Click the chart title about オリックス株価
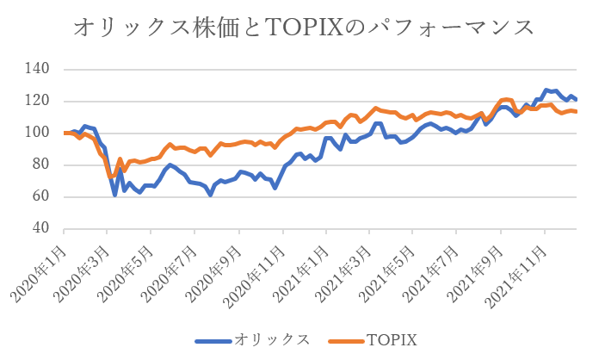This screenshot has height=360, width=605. click(x=302, y=28)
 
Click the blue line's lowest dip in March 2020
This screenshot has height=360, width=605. click(x=115, y=195)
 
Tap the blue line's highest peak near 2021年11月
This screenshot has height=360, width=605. click(x=546, y=90)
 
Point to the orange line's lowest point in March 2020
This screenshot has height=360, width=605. click(x=111, y=177)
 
